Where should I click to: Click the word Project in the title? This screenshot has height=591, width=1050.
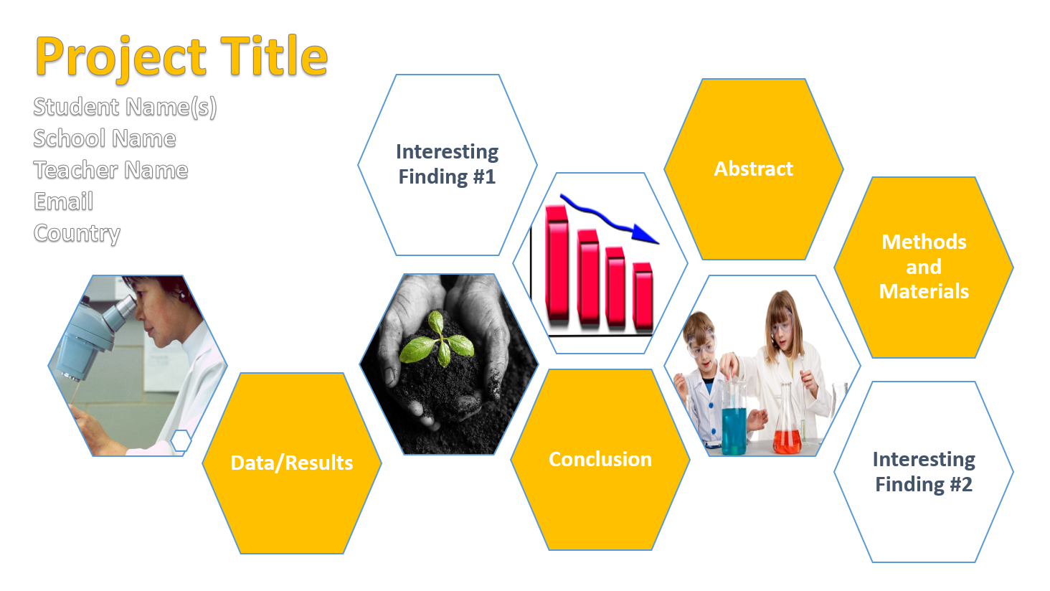click(x=121, y=58)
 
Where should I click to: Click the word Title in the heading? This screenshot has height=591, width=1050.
click(x=274, y=56)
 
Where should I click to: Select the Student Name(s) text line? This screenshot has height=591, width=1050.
click(x=126, y=107)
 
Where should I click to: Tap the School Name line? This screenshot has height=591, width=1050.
click(x=105, y=138)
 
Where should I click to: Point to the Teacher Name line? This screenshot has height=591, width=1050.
click(x=110, y=170)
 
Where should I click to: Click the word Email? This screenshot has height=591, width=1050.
click(x=63, y=201)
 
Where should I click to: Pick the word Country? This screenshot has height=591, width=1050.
click(x=77, y=233)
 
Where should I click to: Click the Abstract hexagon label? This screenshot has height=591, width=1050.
click(x=753, y=169)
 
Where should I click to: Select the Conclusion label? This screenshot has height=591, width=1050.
click(x=600, y=459)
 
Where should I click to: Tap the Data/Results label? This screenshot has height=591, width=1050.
click(x=292, y=463)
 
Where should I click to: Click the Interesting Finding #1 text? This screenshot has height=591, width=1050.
click(x=448, y=164)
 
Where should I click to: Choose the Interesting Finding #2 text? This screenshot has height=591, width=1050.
click(x=924, y=471)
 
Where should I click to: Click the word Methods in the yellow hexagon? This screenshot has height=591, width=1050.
click(x=924, y=242)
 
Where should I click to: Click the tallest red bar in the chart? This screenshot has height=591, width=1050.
click(x=557, y=265)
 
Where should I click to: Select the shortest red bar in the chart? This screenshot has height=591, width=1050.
click(x=643, y=296)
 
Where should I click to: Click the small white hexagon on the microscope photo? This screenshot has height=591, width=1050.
click(x=181, y=440)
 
